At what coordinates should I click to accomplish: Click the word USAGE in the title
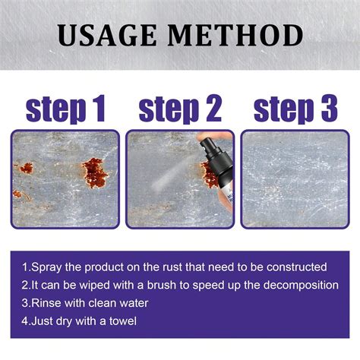pyautogui.click(x=109, y=36)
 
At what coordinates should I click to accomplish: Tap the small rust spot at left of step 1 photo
pyautogui.click(x=27, y=168)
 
